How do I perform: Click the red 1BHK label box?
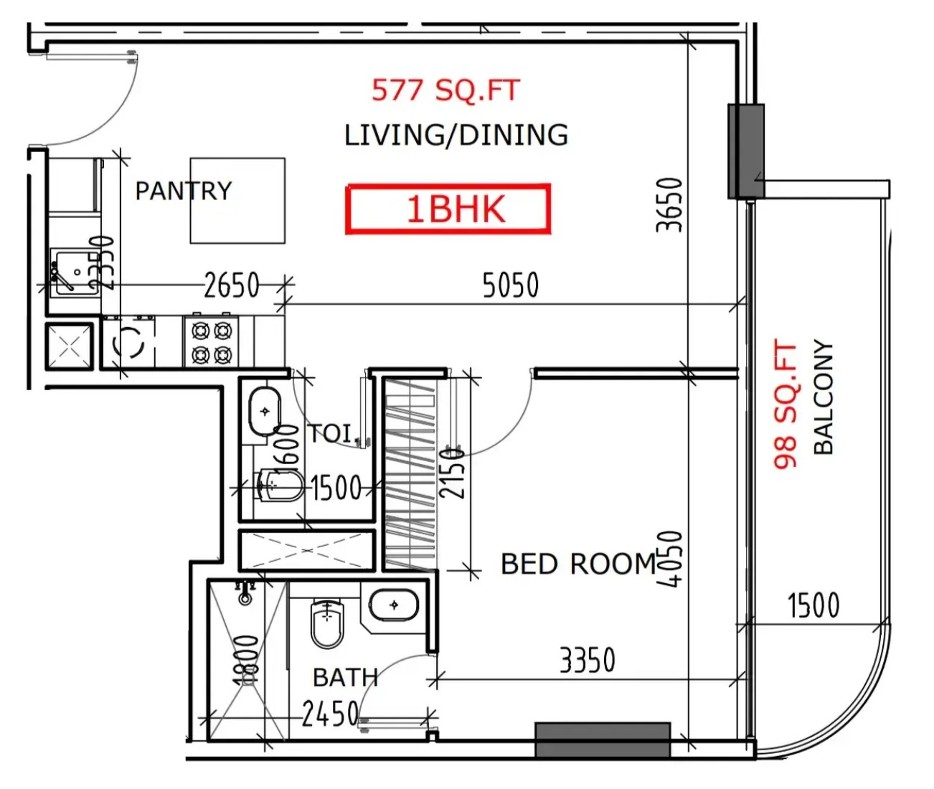pos(448,209)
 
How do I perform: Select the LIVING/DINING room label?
pos(456,135)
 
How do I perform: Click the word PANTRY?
pos(184,191)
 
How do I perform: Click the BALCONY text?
pos(823,397)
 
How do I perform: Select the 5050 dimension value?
pos(510,285)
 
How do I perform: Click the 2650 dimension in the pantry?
pos(232,285)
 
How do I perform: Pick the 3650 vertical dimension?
pos(669,205)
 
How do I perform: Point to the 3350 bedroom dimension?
pos(588,660)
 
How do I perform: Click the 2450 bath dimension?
pos(330,714)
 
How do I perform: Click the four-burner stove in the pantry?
pos(211,342)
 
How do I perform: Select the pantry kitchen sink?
pos(75,273)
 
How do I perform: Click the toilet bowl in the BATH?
pos(327,624)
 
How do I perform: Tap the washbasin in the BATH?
pos(394,605)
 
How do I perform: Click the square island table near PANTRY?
pos(237,200)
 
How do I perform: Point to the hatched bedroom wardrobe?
pos(410,475)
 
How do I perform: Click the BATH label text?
pos(345,678)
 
